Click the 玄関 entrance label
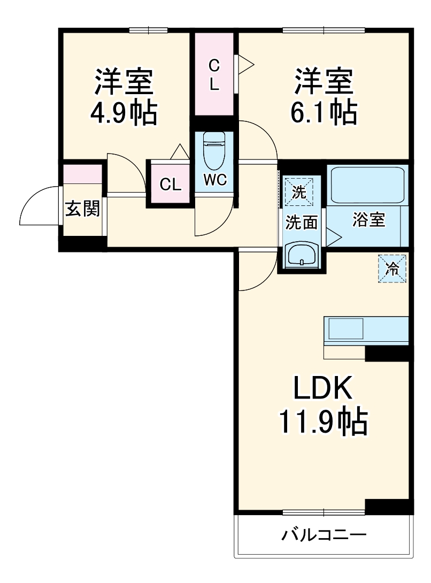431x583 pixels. (83, 209)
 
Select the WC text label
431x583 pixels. (215, 181)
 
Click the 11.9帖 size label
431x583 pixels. (322, 423)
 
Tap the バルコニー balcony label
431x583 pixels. (325, 534)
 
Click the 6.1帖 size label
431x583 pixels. (324, 113)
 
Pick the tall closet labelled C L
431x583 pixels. (214, 74)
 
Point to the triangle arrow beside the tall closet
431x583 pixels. (245, 65)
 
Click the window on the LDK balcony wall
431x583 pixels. (324, 511)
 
